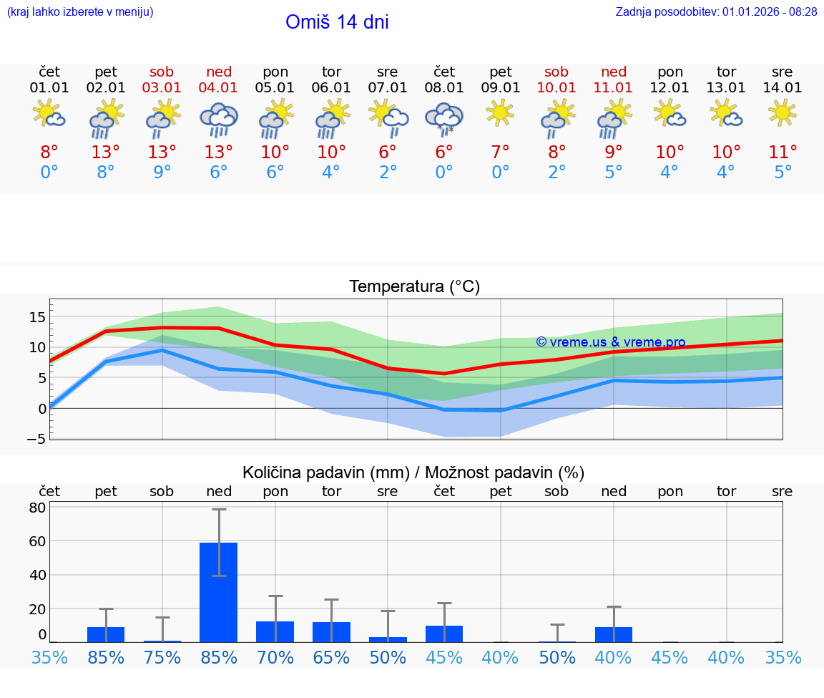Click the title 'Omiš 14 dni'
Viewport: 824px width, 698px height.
pyautogui.click(x=337, y=22)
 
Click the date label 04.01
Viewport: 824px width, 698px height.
pyautogui.click(x=219, y=88)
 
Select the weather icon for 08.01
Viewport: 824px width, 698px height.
pyautogui.click(x=444, y=119)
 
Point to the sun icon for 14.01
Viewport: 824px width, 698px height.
pyautogui.click(x=783, y=112)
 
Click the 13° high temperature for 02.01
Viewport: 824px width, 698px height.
pyautogui.click(x=106, y=152)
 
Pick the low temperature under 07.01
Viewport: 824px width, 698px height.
pyautogui.click(x=388, y=173)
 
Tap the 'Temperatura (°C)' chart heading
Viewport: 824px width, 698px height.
pyautogui.click(x=414, y=287)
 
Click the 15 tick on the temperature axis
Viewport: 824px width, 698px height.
pyautogui.click(x=37, y=316)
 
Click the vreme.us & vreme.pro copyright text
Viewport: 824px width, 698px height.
pyautogui.click(x=611, y=342)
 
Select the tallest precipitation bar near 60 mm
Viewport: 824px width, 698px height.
pyautogui.click(x=219, y=592)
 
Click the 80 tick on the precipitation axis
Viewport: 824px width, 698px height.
pyautogui.click(x=37, y=508)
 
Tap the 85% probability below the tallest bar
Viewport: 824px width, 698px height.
pyautogui.click(x=219, y=658)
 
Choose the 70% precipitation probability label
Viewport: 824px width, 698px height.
pyautogui.click(x=275, y=658)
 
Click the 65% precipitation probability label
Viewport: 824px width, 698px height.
pyautogui.click(x=332, y=658)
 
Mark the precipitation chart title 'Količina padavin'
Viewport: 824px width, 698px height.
pyautogui.click(x=325, y=472)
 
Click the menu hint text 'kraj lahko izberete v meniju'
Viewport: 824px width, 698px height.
pyautogui.click(x=80, y=12)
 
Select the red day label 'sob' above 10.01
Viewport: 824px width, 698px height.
pyautogui.click(x=556, y=72)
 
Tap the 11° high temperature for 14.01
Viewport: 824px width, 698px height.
pyautogui.click(x=783, y=152)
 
